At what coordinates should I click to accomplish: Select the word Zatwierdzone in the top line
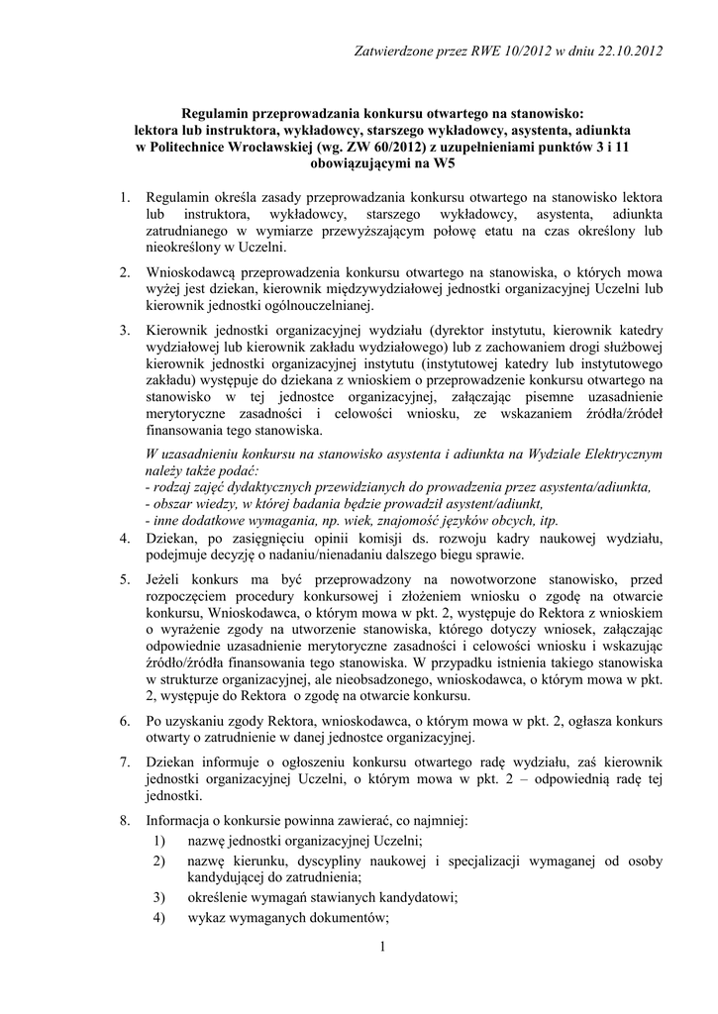[394, 51]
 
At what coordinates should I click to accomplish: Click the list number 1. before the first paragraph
[125, 199]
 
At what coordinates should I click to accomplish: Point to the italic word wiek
[385, 520]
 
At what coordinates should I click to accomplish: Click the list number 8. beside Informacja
[125, 821]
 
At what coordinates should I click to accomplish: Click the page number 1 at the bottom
[381, 949]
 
